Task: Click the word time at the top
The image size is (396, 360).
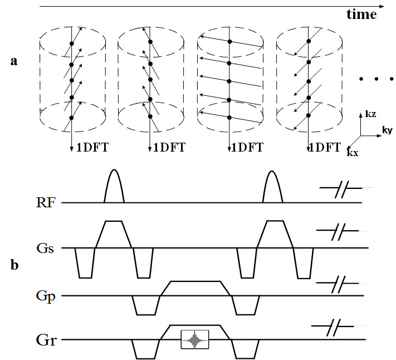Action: [361, 14]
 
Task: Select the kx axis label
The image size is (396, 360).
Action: [352, 152]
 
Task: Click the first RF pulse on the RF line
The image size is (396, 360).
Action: [114, 187]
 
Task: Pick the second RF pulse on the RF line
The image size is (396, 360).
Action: [271, 187]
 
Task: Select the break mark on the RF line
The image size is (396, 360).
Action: [338, 191]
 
